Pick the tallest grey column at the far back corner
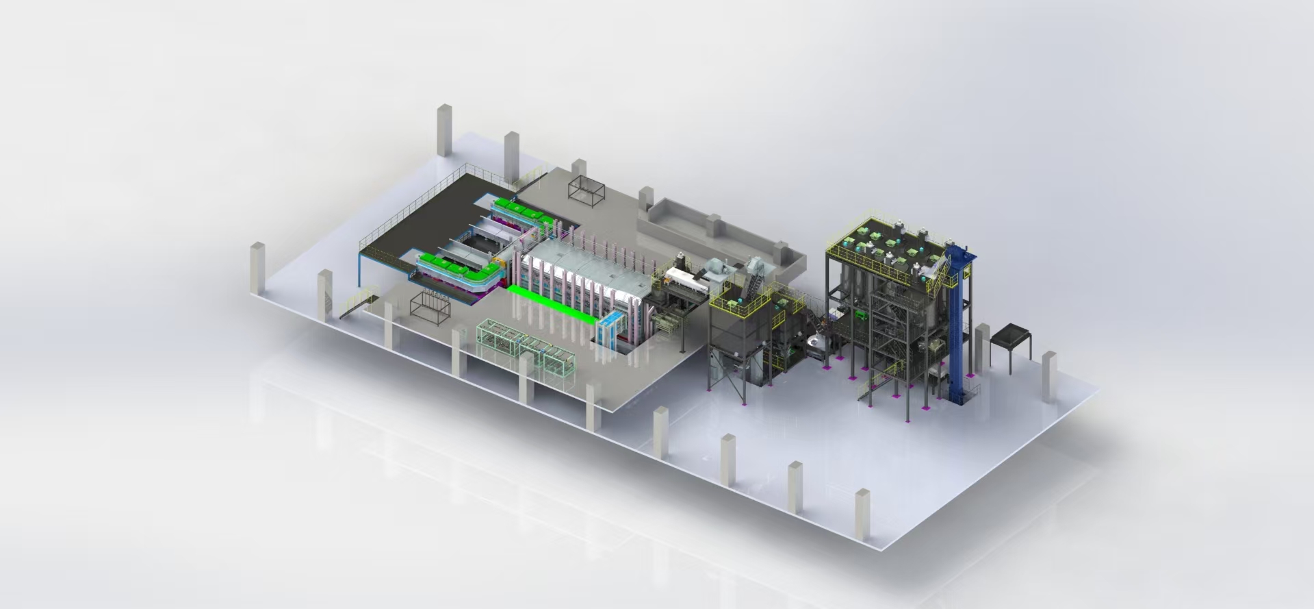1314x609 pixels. pyautogui.click(x=444, y=130)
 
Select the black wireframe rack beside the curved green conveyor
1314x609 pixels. pyautogui.click(x=430, y=305)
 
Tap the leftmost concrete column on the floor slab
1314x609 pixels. pyautogui.click(x=257, y=268)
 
